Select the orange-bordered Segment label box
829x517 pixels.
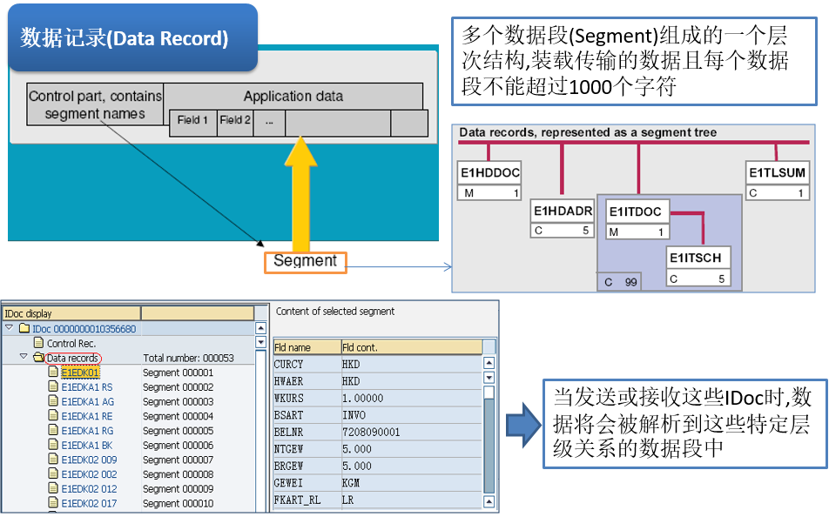click(305, 261)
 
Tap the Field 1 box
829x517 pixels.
click(192, 121)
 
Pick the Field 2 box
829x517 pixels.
click(234, 121)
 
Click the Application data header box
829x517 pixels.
click(293, 97)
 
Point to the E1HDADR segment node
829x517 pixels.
click(563, 219)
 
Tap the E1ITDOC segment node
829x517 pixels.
click(637, 219)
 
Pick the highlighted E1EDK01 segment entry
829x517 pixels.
click(79, 373)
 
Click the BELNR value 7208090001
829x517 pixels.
click(372, 432)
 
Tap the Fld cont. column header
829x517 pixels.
click(409, 347)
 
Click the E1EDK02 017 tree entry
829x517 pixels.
click(88, 503)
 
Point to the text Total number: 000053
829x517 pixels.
click(188, 358)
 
